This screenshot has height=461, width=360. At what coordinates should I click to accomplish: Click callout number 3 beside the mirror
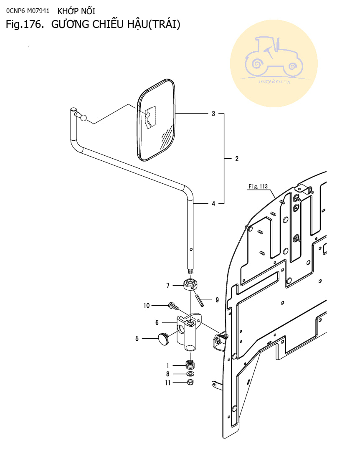pyautogui.click(x=213, y=114)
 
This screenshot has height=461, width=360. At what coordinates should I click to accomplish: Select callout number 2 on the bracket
pyautogui.click(x=237, y=159)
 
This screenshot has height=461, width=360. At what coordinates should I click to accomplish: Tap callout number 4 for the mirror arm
pyautogui.click(x=213, y=204)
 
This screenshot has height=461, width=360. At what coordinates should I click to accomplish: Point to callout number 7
pyautogui.click(x=168, y=286)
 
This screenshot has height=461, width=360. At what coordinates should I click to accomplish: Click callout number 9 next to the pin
pyautogui.click(x=217, y=300)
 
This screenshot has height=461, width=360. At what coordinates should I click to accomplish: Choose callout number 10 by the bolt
pyautogui.click(x=147, y=306)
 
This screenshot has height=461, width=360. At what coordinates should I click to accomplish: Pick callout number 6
pyautogui.click(x=157, y=322)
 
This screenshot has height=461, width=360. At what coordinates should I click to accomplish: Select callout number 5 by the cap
pyautogui.click(x=137, y=339)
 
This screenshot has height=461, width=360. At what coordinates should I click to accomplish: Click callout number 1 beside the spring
pyautogui.click(x=168, y=365)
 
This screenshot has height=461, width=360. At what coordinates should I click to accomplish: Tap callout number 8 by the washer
pyautogui.click(x=168, y=374)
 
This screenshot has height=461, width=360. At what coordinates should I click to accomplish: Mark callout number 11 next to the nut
pyautogui.click(x=167, y=382)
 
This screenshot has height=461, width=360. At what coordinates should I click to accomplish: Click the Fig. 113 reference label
pyautogui.click(x=258, y=187)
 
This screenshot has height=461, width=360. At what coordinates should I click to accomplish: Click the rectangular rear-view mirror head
pyautogui.click(x=156, y=120)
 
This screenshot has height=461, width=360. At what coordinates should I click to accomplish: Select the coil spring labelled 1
pyautogui.click(x=190, y=365)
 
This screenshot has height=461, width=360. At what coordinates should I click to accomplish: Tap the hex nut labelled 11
pyautogui.click(x=190, y=382)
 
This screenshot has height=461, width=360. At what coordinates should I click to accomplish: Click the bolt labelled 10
pyautogui.click(x=173, y=307)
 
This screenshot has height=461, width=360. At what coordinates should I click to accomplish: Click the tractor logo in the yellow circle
pyautogui.click(x=274, y=61)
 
